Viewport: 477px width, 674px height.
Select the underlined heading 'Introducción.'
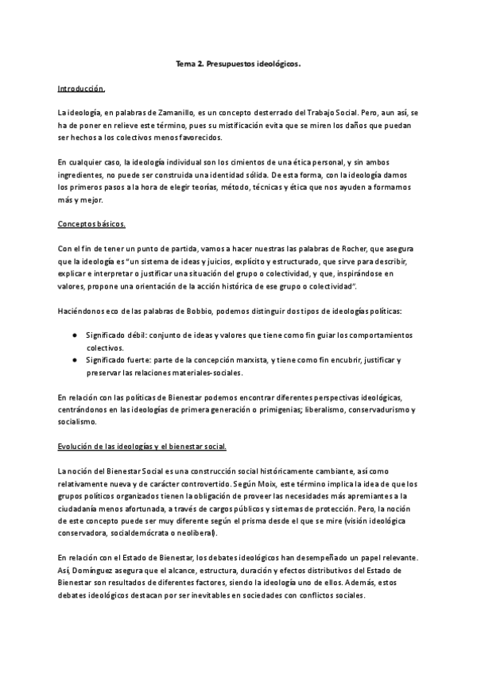click(x=81, y=88)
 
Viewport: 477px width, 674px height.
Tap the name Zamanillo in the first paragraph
click(x=171, y=114)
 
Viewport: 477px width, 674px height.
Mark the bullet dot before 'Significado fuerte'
click(x=74, y=361)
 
